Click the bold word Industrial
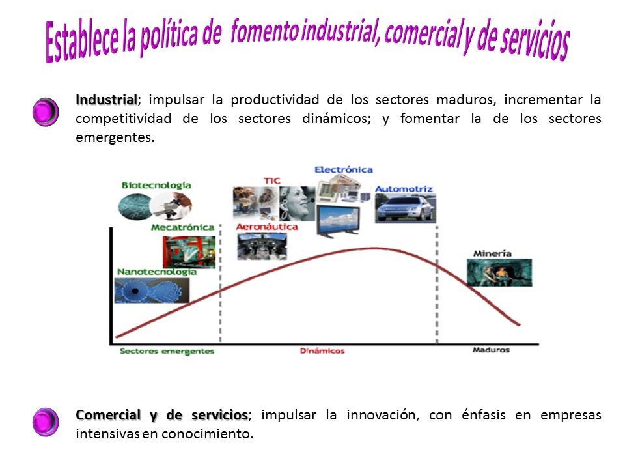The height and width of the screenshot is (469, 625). pyautogui.click(x=107, y=100)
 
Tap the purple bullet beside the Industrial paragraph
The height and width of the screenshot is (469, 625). pyautogui.click(x=46, y=112)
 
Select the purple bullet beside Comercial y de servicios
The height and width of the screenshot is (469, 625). pyautogui.click(x=46, y=422)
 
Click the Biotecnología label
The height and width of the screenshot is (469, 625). pyautogui.click(x=156, y=186)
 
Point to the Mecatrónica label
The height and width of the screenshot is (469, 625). pyautogui.click(x=182, y=227)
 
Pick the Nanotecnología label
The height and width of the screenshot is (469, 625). pyautogui.click(x=157, y=272)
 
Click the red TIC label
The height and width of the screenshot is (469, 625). pyautogui.click(x=272, y=180)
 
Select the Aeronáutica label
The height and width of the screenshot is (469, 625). pyautogui.click(x=267, y=227)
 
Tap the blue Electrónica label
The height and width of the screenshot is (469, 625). pyautogui.click(x=344, y=170)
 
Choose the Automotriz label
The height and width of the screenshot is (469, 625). pyautogui.click(x=404, y=189)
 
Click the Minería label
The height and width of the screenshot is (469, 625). pyautogui.click(x=492, y=253)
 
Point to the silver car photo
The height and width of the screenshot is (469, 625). pyautogui.click(x=406, y=208)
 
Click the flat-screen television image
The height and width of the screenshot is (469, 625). pyautogui.click(x=338, y=221)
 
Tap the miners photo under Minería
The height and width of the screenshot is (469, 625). pyautogui.click(x=499, y=272)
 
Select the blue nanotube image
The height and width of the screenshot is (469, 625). pyautogui.click(x=152, y=291)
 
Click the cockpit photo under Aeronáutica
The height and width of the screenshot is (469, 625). pyautogui.click(x=262, y=246)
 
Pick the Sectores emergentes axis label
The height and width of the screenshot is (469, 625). pyautogui.click(x=167, y=351)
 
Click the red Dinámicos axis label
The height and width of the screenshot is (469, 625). pyautogui.click(x=322, y=351)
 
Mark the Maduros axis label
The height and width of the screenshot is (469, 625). pyautogui.click(x=491, y=350)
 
